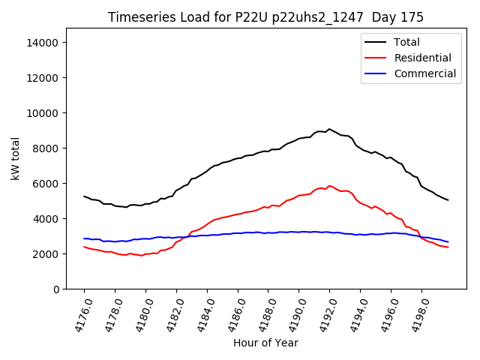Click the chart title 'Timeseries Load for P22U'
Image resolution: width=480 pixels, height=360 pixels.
click(265, 17)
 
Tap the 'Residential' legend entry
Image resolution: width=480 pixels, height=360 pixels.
click(422, 58)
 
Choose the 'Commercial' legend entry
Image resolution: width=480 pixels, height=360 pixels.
click(424, 73)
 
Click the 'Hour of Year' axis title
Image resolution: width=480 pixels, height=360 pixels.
click(265, 343)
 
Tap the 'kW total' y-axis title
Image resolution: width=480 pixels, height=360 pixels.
click(15, 159)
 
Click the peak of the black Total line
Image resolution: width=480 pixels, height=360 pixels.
click(328, 129)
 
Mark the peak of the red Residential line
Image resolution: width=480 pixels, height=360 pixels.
click(328, 185)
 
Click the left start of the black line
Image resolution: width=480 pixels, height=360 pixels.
click(84, 196)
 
